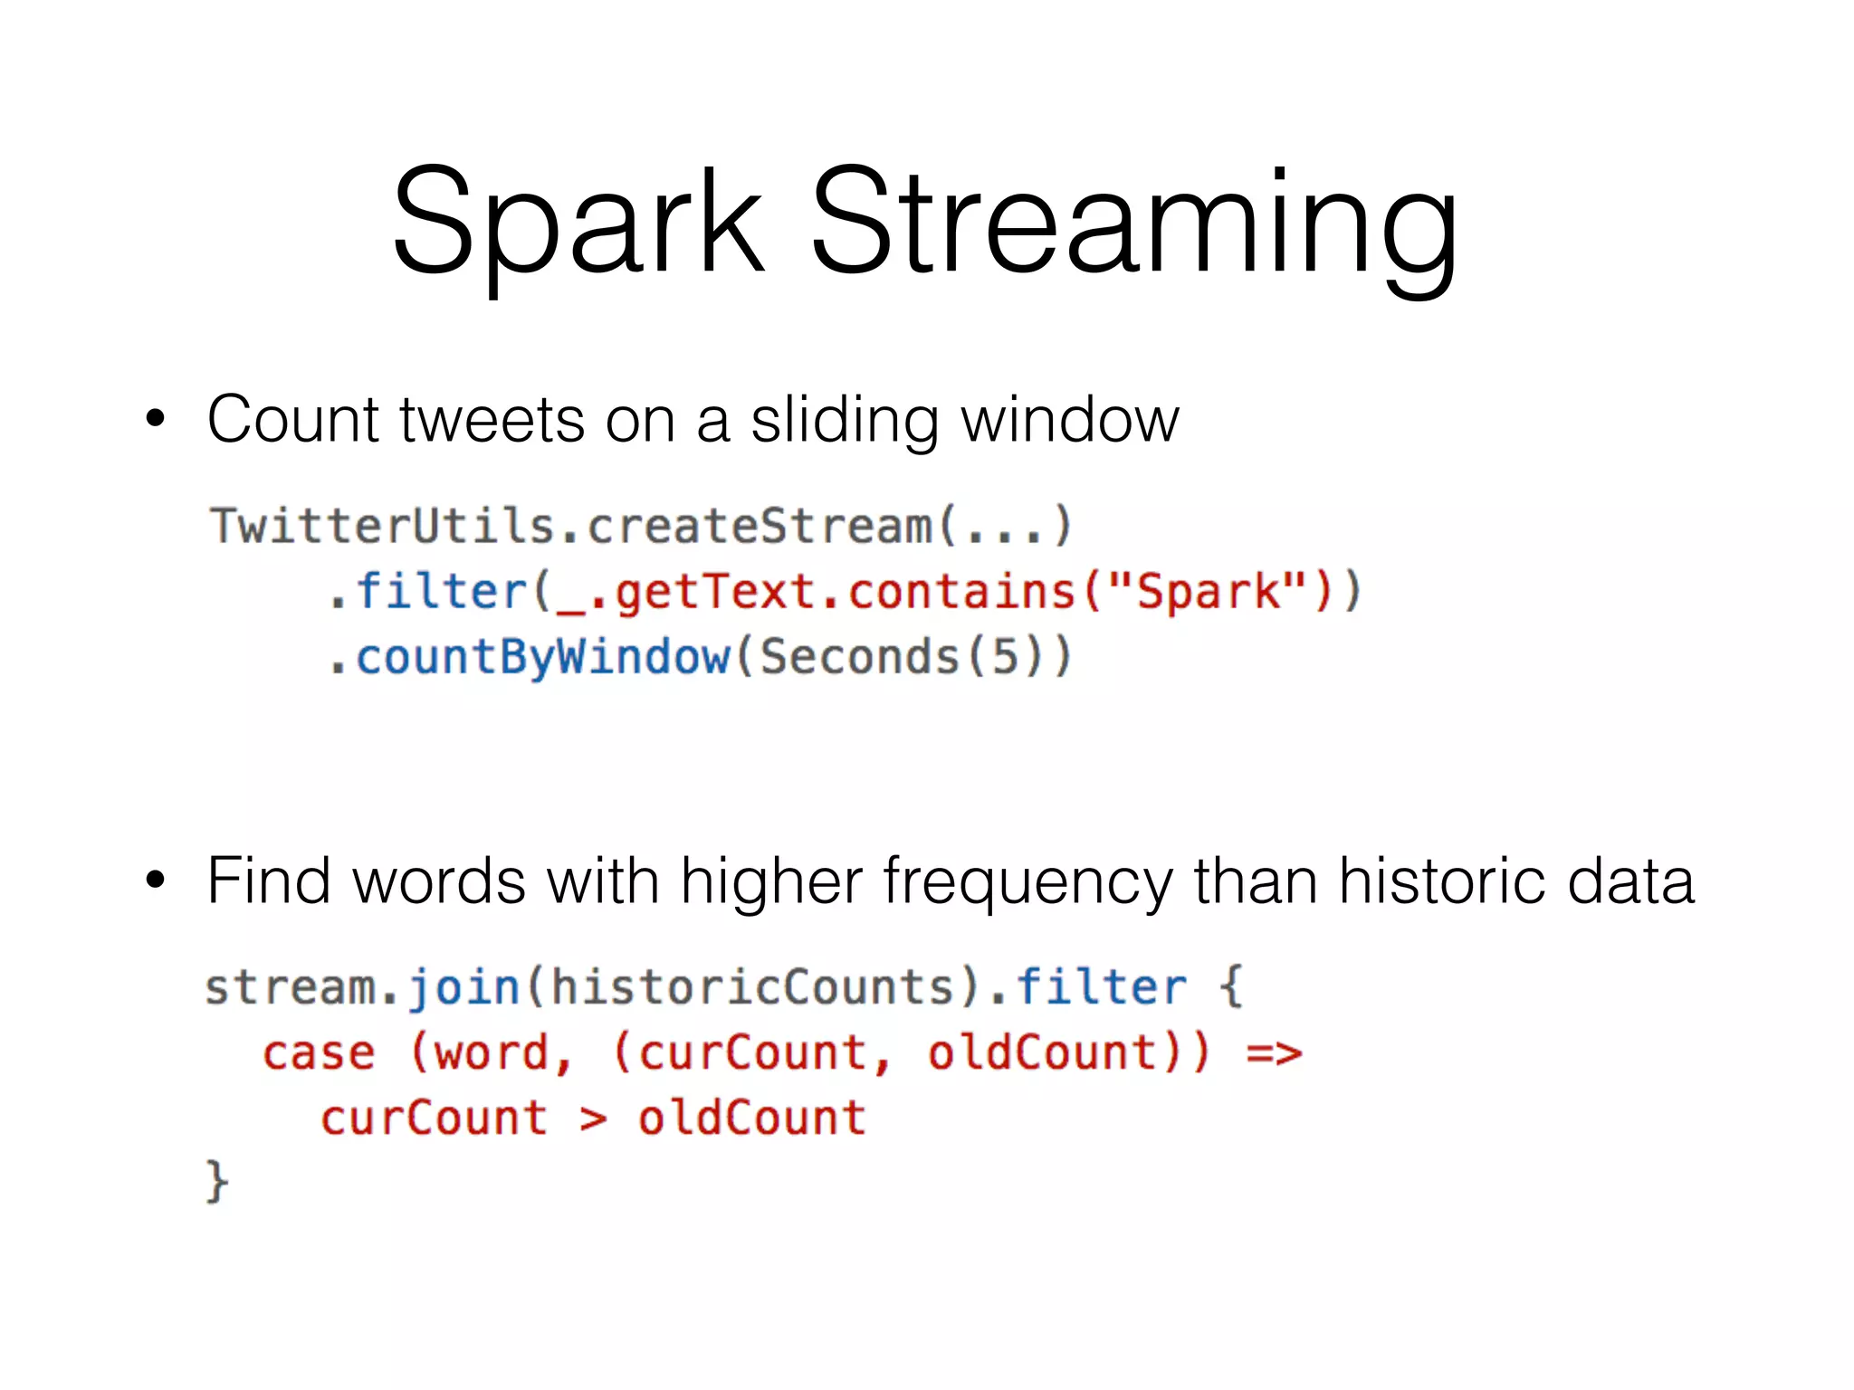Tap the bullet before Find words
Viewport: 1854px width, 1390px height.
point(156,880)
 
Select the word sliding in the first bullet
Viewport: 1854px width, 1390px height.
point(844,421)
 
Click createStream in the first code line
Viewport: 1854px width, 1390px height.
point(760,526)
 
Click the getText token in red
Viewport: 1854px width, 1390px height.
point(716,592)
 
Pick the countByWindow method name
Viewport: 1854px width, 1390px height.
point(543,657)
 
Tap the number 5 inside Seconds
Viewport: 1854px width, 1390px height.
point(1005,657)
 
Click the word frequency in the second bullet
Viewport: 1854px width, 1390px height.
point(1027,881)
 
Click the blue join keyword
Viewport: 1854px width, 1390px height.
point(463,986)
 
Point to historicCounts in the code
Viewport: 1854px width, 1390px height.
point(751,986)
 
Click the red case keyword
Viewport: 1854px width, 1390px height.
point(319,1053)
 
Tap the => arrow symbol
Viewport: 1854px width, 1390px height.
point(1274,1053)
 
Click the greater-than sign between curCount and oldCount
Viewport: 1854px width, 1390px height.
point(593,1119)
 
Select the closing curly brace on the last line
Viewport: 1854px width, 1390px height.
point(216,1181)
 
